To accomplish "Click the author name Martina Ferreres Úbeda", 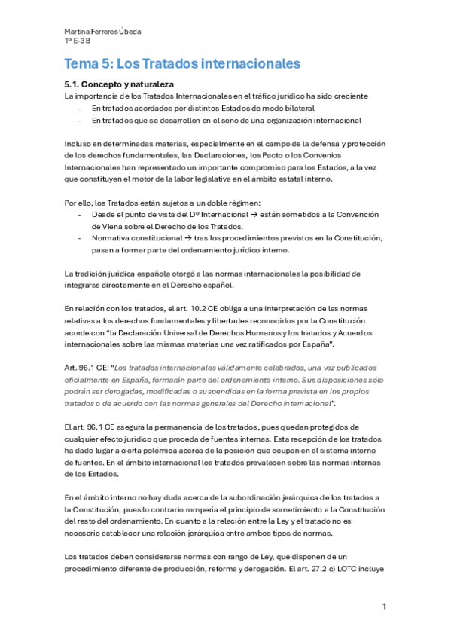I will (x=102, y=31).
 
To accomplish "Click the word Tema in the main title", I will (x=81, y=63).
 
